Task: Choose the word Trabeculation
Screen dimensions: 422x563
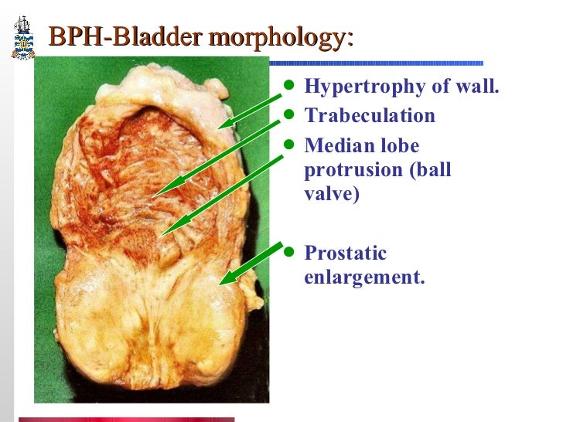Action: (x=370, y=116)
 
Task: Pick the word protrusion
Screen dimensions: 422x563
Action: (x=353, y=170)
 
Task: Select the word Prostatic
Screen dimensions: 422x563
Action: (x=346, y=253)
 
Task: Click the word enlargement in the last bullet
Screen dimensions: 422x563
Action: (x=364, y=277)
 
